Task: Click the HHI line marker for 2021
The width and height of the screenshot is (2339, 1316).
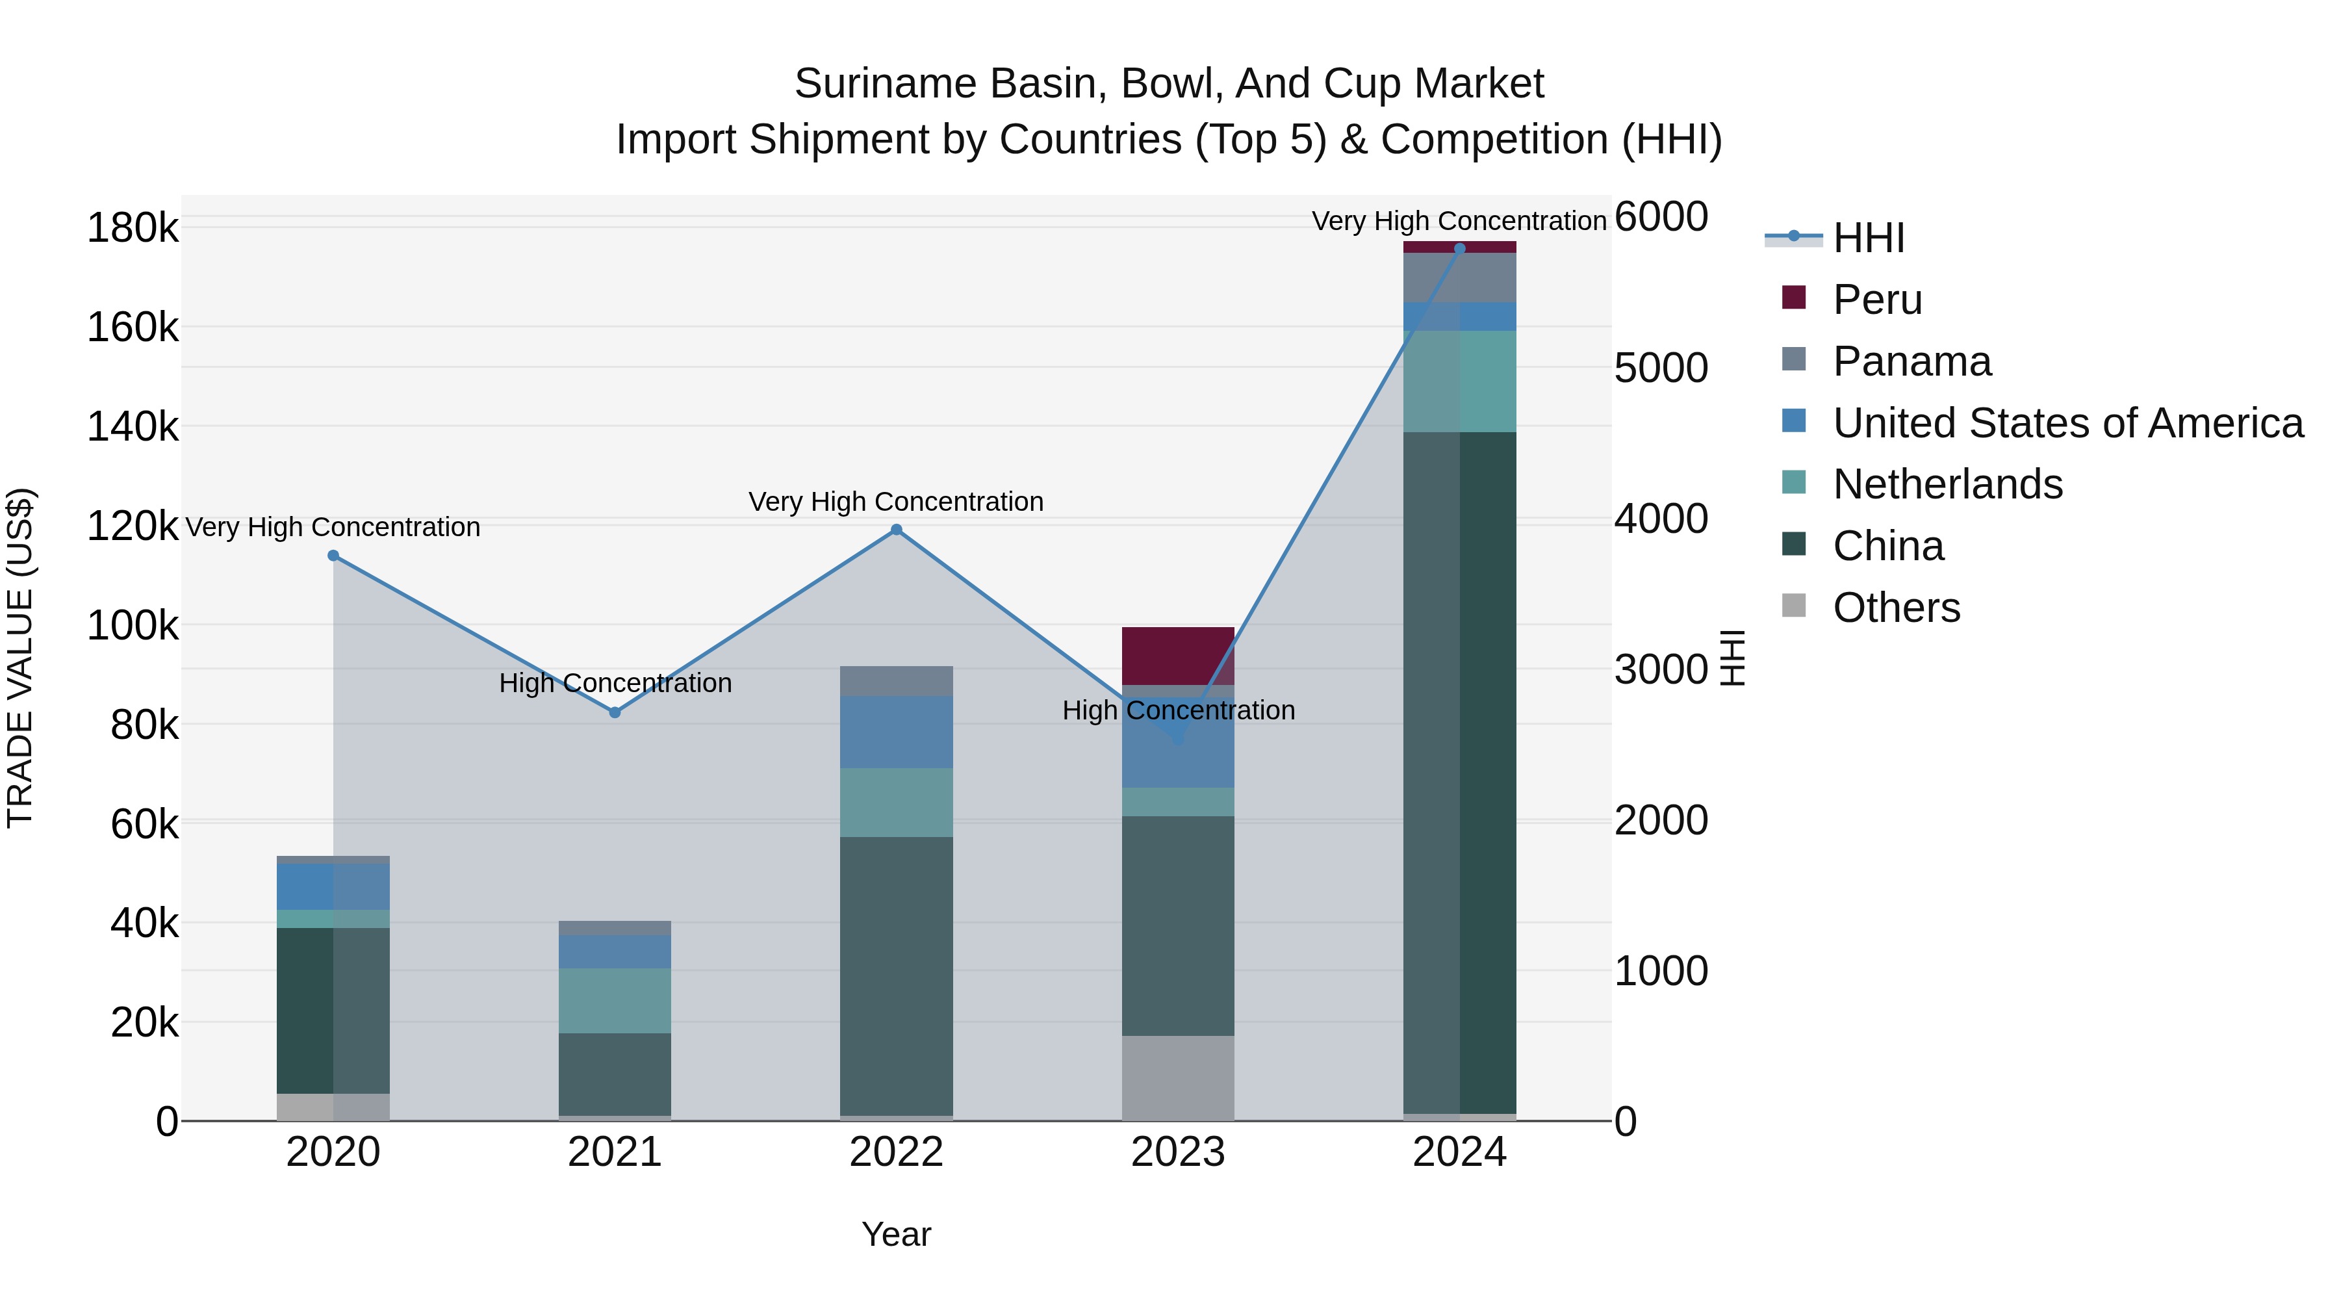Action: pyautogui.click(x=615, y=713)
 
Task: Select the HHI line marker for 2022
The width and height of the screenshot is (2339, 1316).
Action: pyautogui.click(x=896, y=530)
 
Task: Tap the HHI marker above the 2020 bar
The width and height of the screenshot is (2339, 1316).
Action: pyautogui.click(x=333, y=556)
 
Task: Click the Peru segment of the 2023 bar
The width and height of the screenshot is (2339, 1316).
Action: pyautogui.click(x=1178, y=656)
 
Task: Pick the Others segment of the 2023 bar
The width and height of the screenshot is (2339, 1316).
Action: pyautogui.click(x=1178, y=1078)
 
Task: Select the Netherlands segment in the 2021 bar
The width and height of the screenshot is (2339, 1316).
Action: pyautogui.click(x=615, y=1000)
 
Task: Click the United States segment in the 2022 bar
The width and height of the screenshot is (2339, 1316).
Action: pyautogui.click(x=896, y=732)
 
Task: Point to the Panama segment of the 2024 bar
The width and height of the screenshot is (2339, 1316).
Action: pyautogui.click(x=1459, y=277)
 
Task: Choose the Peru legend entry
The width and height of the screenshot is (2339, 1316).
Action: pyautogui.click(x=1877, y=300)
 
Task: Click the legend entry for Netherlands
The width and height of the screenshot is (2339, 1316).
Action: pyautogui.click(x=1947, y=484)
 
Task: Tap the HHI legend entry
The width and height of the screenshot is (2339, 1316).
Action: pyautogui.click(x=1868, y=238)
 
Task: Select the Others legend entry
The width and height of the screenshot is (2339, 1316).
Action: pyautogui.click(x=1896, y=608)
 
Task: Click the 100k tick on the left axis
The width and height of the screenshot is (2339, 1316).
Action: pyautogui.click(x=133, y=626)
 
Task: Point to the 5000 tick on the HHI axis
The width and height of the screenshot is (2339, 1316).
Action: pyautogui.click(x=1661, y=368)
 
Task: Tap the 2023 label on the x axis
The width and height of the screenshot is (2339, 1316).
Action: pyautogui.click(x=1178, y=1152)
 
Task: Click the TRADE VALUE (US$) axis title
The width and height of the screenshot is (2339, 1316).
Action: pyautogui.click(x=20, y=658)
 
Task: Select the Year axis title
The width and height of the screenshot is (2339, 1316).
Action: pyautogui.click(x=896, y=1234)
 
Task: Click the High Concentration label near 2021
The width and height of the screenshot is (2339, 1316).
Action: pyautogui.click(x=615, y=683)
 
